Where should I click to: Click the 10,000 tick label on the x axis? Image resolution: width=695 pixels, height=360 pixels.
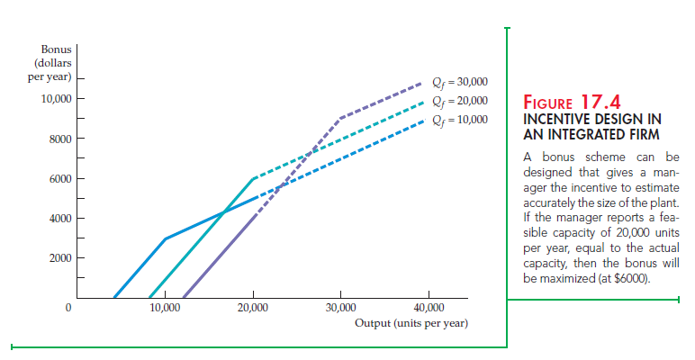165,308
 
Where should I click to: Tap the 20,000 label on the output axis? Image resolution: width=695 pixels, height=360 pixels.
253,308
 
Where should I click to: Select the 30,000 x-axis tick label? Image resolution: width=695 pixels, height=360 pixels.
341,308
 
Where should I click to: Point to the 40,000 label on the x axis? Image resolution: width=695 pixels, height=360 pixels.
429,308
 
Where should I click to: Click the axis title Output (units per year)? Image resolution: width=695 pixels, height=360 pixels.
411,322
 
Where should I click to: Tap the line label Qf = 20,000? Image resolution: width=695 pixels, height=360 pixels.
460,101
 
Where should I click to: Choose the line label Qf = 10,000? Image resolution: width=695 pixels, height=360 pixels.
460,119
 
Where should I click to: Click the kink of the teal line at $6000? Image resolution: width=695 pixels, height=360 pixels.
254,178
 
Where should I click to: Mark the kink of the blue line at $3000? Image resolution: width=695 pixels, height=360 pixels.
165,238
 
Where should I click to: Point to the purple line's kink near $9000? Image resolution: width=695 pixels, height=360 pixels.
340,118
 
